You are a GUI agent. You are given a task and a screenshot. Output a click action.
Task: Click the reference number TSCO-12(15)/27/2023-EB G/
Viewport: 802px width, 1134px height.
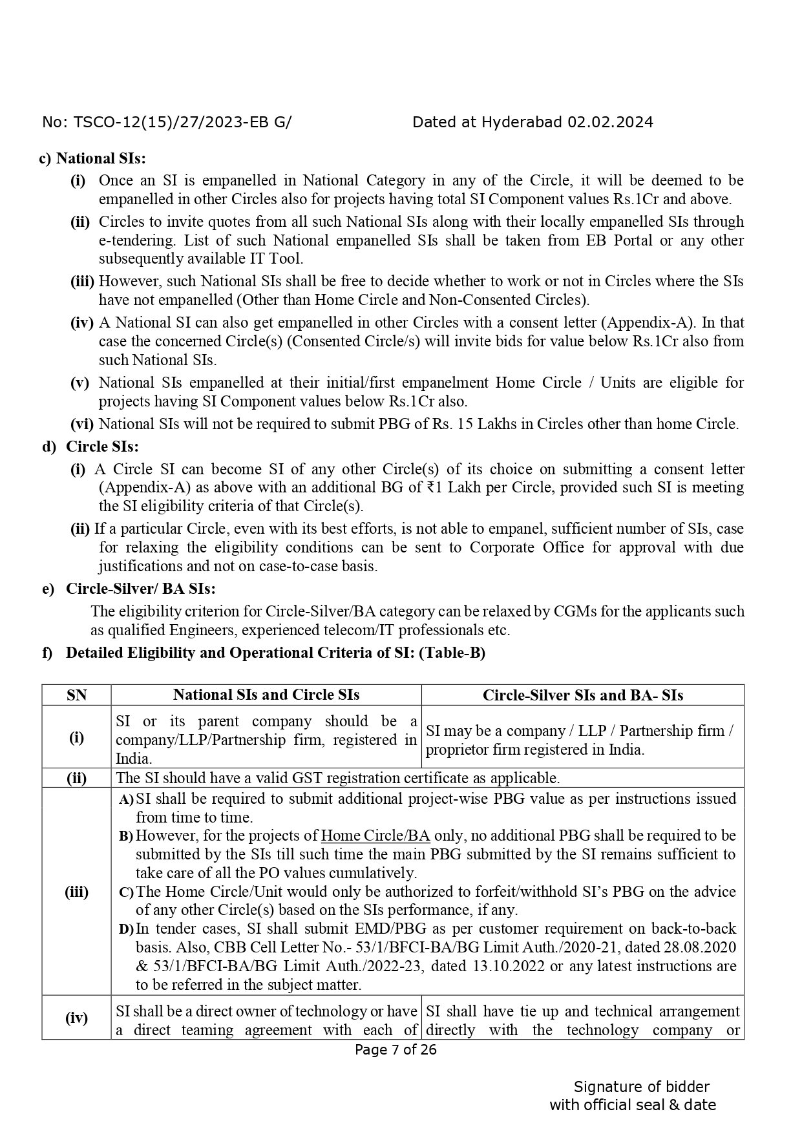pyautogui.click(x=183, y=122)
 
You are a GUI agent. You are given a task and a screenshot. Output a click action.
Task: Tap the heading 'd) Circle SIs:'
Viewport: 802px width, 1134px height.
pyautogui.click(x=91, y=446)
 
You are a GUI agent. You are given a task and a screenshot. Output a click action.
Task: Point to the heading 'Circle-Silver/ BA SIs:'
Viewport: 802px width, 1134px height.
pyautogui.click(x=140, y=589)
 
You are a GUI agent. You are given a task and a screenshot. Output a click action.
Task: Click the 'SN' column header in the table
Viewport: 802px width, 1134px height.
pyautogui.click(x=76, y=695)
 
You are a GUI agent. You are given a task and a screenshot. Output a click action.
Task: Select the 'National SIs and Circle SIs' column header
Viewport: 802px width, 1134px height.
pyautogui.click(x=266, y=695)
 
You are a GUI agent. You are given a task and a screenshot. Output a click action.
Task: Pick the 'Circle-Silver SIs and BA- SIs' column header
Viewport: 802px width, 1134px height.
pyautogui.click(x=582, y=695)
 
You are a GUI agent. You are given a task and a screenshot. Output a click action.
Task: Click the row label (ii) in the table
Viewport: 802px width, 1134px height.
pyautogui.click(x=76, y=778)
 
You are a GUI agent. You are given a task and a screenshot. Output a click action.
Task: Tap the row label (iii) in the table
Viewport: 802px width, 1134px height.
pyautogui.click(x=76, y=892)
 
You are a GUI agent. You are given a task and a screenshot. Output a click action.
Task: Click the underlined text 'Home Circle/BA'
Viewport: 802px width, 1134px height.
pyautogui.click(x=375, y=835)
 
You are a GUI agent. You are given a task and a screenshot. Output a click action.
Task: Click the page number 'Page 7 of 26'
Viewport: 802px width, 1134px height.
pyautogui.click(x=396, y=1049)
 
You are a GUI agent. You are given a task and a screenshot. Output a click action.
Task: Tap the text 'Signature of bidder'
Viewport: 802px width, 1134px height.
pyautogui.click(x=641, y=1086)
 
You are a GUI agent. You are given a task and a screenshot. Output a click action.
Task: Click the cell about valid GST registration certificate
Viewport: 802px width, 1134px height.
pyautogui.click(x=338, y=778)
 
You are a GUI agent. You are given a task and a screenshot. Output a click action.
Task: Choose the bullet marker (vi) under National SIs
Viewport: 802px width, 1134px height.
pyautogui.click(x=82, y=424)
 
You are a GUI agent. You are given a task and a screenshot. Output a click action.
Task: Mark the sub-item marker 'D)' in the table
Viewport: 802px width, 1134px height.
pyautogui.click(x=126, y=929)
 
